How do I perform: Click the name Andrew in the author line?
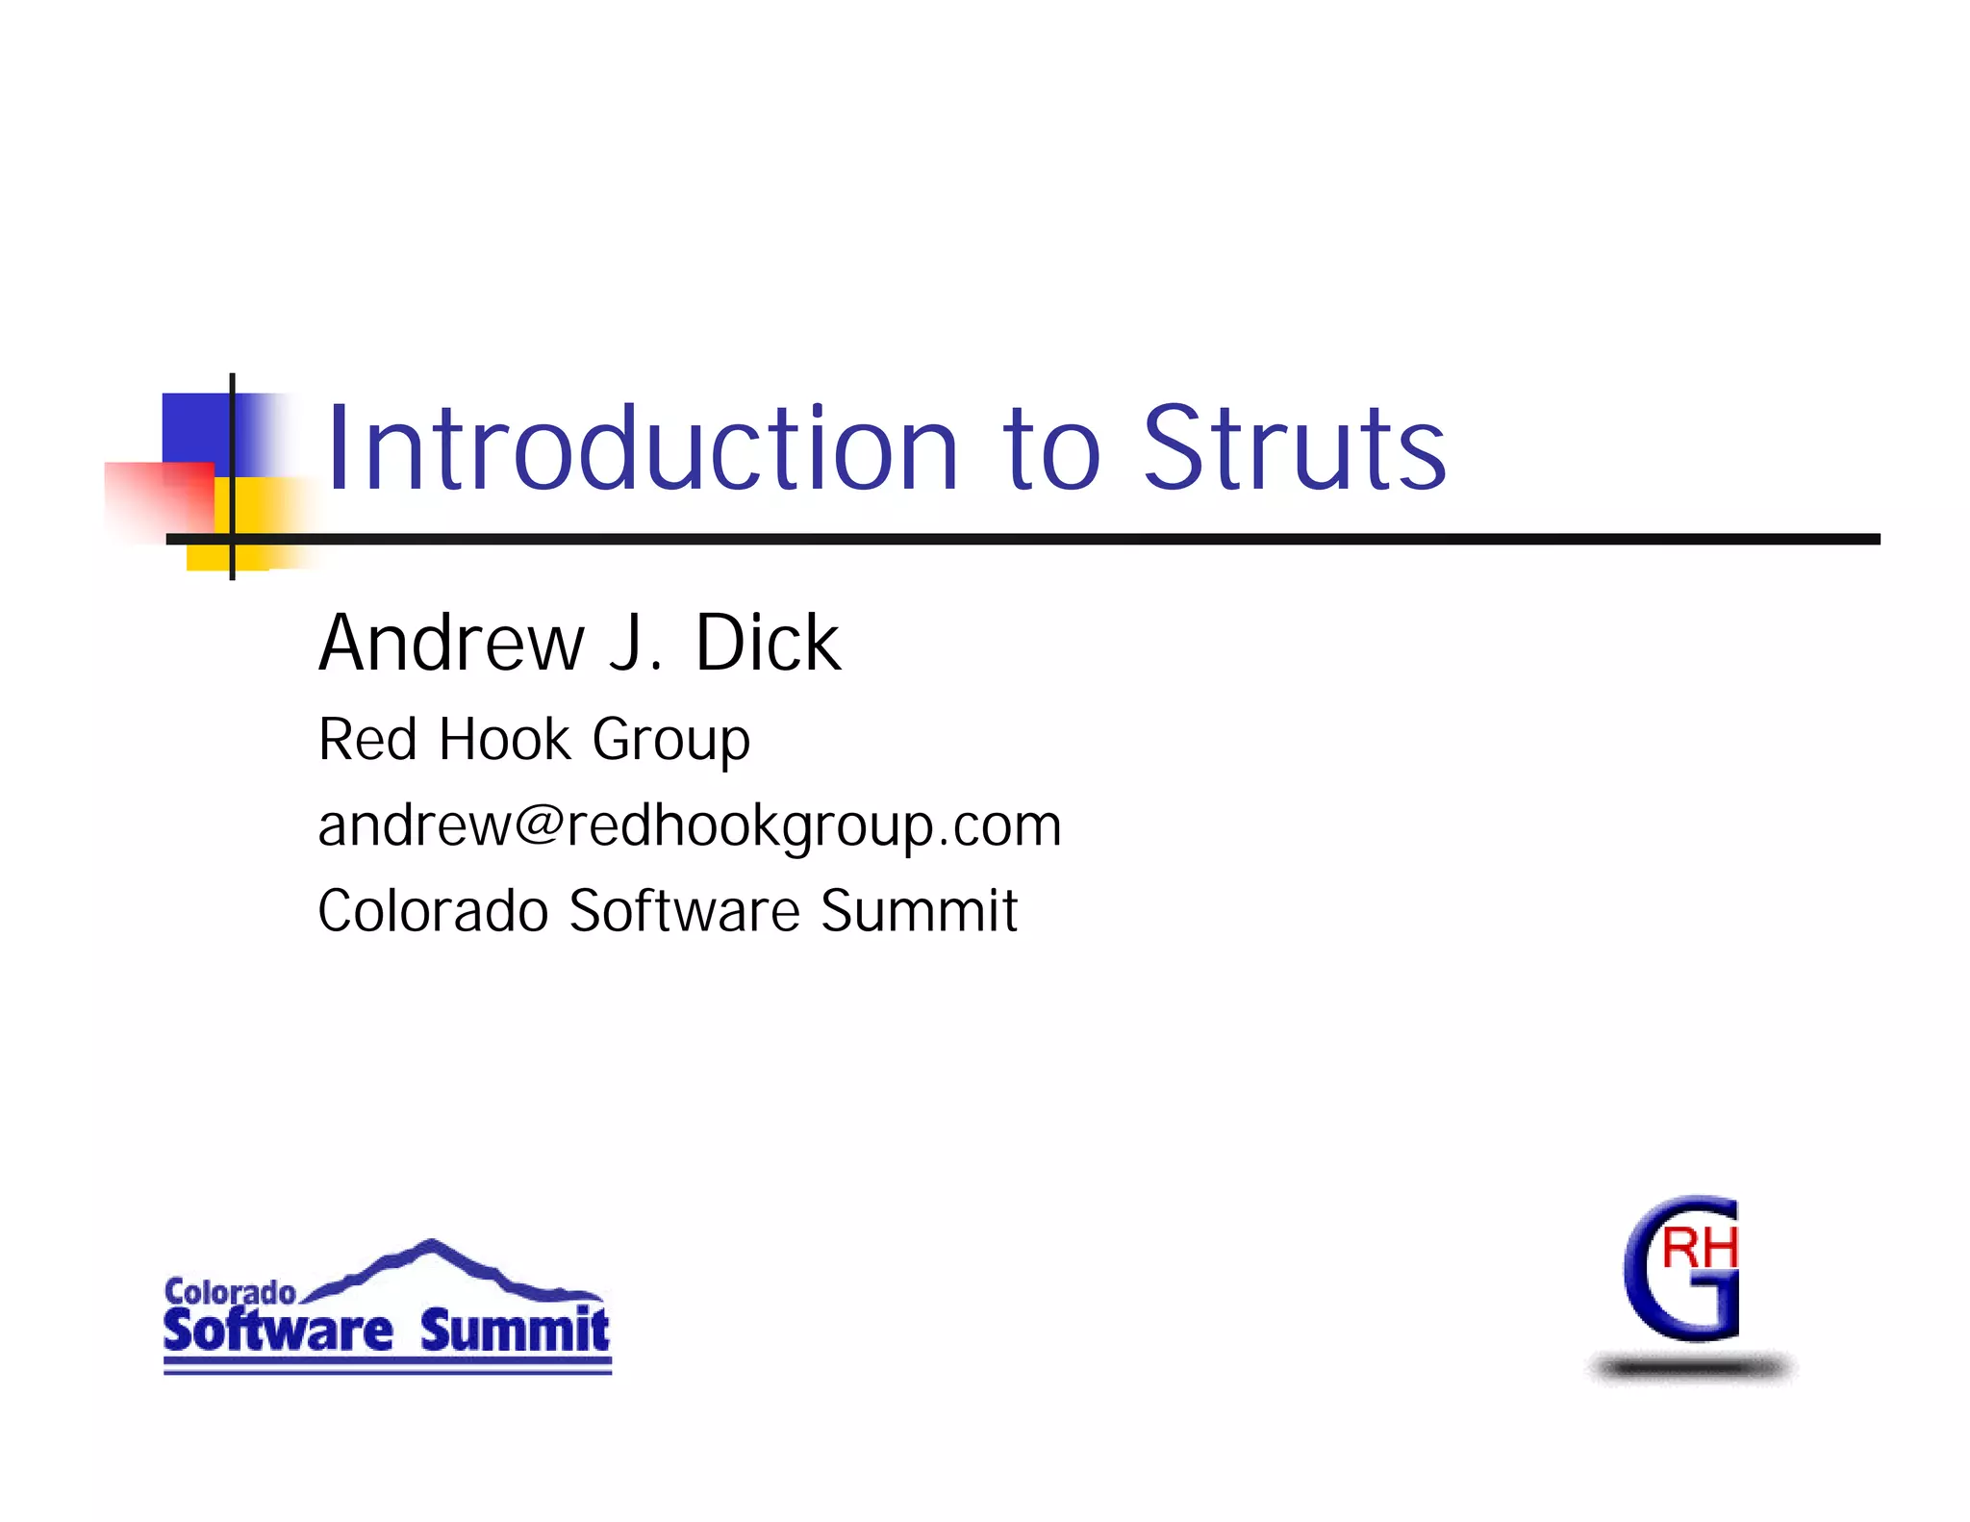[451, 643]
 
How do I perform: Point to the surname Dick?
[767, 643]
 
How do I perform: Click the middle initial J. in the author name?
[636, 643]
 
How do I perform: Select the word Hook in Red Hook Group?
[505, 740]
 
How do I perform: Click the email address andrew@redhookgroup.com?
[689, 825]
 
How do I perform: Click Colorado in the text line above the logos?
[432, 911]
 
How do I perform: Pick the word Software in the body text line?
[684, 911]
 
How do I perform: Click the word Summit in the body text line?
[919, 911]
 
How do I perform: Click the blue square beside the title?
[197, 428]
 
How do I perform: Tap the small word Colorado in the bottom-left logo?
[229, 1292]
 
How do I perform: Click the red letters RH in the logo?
[1699, 1249]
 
